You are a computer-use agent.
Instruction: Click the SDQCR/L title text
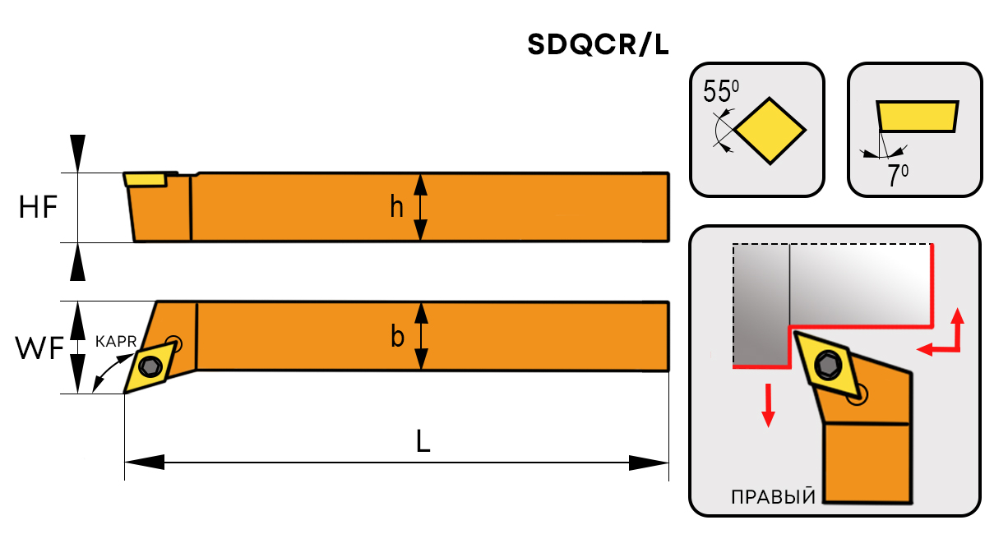(x=598, y=46)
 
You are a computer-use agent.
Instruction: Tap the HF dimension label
(x=38, y=208)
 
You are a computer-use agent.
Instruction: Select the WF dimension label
(x=39, y=349)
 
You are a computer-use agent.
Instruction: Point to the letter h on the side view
(x=397, y=208)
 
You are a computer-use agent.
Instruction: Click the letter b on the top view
(x=397, y=337)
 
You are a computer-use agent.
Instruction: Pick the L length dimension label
(x=423, y=442)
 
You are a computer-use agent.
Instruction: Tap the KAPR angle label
(x=115, y=340)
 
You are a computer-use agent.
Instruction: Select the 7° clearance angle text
(x=898, y=176)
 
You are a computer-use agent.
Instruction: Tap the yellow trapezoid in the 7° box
(x=917, y=116)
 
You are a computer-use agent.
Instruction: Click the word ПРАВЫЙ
(x=773, y=497)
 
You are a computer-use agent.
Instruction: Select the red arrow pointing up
(x=958, y=322)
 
